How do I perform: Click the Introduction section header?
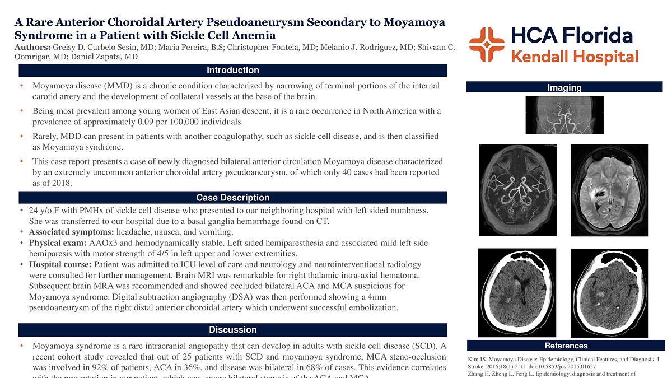pyautogui.click(x=232, y=71)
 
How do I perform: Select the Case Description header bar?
pyautogui.click(x=232, y=198)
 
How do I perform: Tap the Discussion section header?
pyautogui.click(x=232, y=330)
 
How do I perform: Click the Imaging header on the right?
pyautogui.click(x=564, y=87)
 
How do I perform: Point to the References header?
pyautogui.click(x=566, y=346)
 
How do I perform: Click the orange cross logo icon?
pyautogui.click(x=486, y=44)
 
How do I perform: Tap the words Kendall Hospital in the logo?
pyautogui.click(x=575, y=57)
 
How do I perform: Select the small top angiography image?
pyautogui.click(x=564, y=115)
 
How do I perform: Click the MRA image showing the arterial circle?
pyautogui.click(x=518, y=190)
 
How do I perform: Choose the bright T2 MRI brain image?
pyautogui.click(x=609, y=190)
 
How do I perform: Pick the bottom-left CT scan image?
pyautogui.click(x=517, y=292)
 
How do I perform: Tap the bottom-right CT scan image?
pyautogui.click(x=609, y=292)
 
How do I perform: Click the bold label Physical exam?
pyautogui.click(x=58, y=243)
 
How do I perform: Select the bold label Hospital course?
pyautogui.click(x=60, y=264)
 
